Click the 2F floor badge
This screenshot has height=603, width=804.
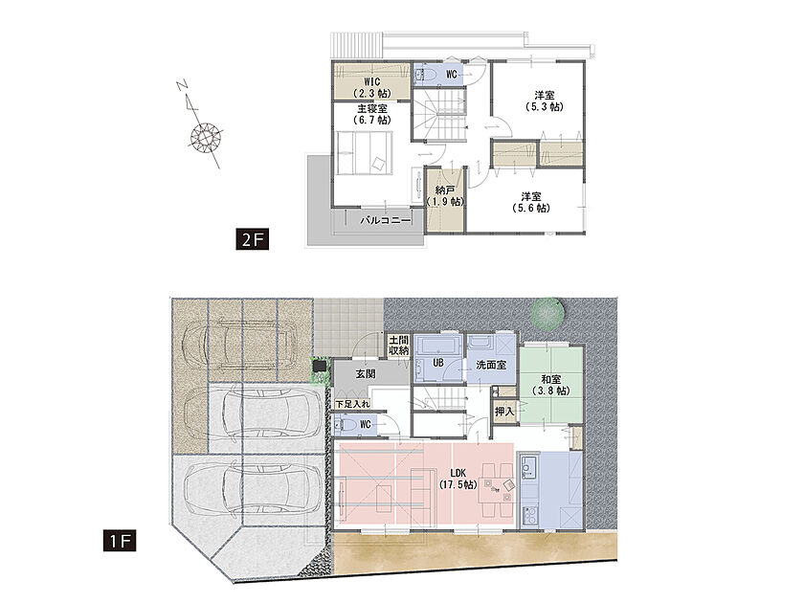tap(253, 239)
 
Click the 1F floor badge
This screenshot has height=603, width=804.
tap(120, 541)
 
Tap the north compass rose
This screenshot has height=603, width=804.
tap(206, 137)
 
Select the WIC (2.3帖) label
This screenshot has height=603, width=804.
tap(371, 88)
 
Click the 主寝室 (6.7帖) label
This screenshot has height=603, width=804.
tap(371, 114)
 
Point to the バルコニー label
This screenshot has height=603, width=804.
tap(386, 220)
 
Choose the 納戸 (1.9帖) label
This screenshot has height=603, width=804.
tap(446, 196)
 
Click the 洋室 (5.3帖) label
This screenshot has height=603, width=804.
tap(544, 101)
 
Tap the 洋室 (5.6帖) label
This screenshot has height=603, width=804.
tap(531, 202)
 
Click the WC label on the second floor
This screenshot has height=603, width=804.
tap(451, 75)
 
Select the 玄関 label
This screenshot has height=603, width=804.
tap(365, 374)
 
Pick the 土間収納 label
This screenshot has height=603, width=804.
tap(398, 346)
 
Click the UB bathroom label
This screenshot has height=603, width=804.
tap(438, 363)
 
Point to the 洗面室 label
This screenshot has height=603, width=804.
tap(491, 365)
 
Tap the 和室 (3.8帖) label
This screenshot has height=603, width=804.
tap(551, 385)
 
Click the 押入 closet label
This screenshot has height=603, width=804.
tap(504, 412)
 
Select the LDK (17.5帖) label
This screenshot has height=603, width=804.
tap(458, 479)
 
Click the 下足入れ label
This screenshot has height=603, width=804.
tap(353, 404)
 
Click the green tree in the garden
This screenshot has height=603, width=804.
tap(547, 313)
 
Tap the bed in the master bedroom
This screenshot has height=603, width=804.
tap(365, 153)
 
